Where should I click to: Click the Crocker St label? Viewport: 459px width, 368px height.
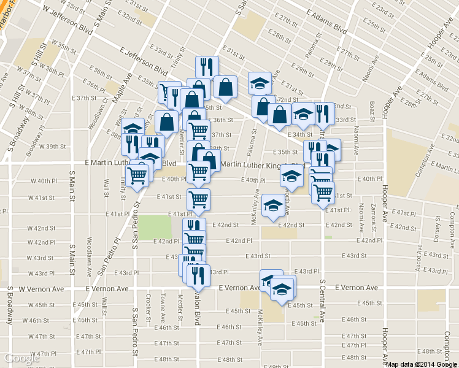tap(149, 305)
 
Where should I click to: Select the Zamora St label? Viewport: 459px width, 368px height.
tap(373, 223)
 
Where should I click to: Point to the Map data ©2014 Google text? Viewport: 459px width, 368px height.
tap(421, 364)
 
